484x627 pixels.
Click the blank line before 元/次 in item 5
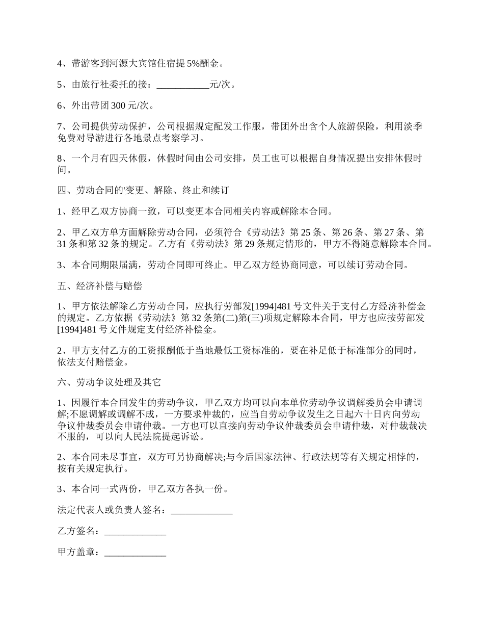coord(183,85)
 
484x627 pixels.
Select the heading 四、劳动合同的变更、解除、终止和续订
coord(144,191)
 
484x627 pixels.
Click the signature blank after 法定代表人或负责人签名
coord(202,510)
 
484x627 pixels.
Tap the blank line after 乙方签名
coord(135,531)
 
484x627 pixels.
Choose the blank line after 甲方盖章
coord(135,552)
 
